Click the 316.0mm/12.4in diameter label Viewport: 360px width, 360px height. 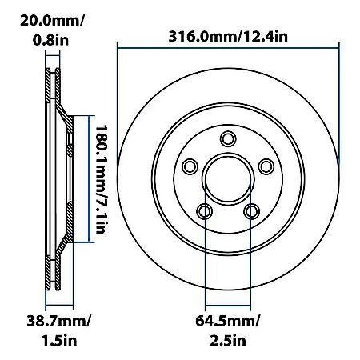coord(229,36)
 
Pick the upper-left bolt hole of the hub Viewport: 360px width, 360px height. coord(190,166)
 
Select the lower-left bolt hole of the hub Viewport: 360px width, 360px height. coord(205,210)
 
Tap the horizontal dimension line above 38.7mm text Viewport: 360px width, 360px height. coord(61,306)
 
